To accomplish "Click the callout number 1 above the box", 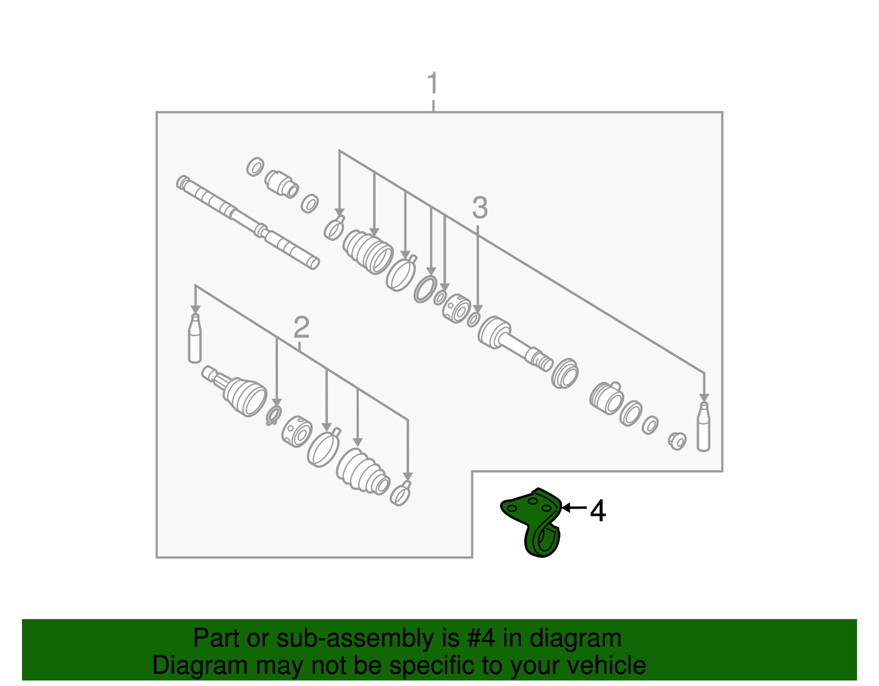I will [433, 83].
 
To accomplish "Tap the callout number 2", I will [301, 328].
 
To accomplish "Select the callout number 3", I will [480, 209].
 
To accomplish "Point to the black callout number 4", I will [598, 511].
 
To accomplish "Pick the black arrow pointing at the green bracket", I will [574, 508].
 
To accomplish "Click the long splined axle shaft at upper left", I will [247, 222].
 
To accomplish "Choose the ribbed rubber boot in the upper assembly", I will [368, 251].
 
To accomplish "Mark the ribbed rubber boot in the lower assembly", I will [363, 472].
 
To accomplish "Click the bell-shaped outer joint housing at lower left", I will [242, 393].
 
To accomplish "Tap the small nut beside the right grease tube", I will [678, 440].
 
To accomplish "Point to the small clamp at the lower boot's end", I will [401, 493].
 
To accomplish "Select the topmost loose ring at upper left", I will [255, 166].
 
